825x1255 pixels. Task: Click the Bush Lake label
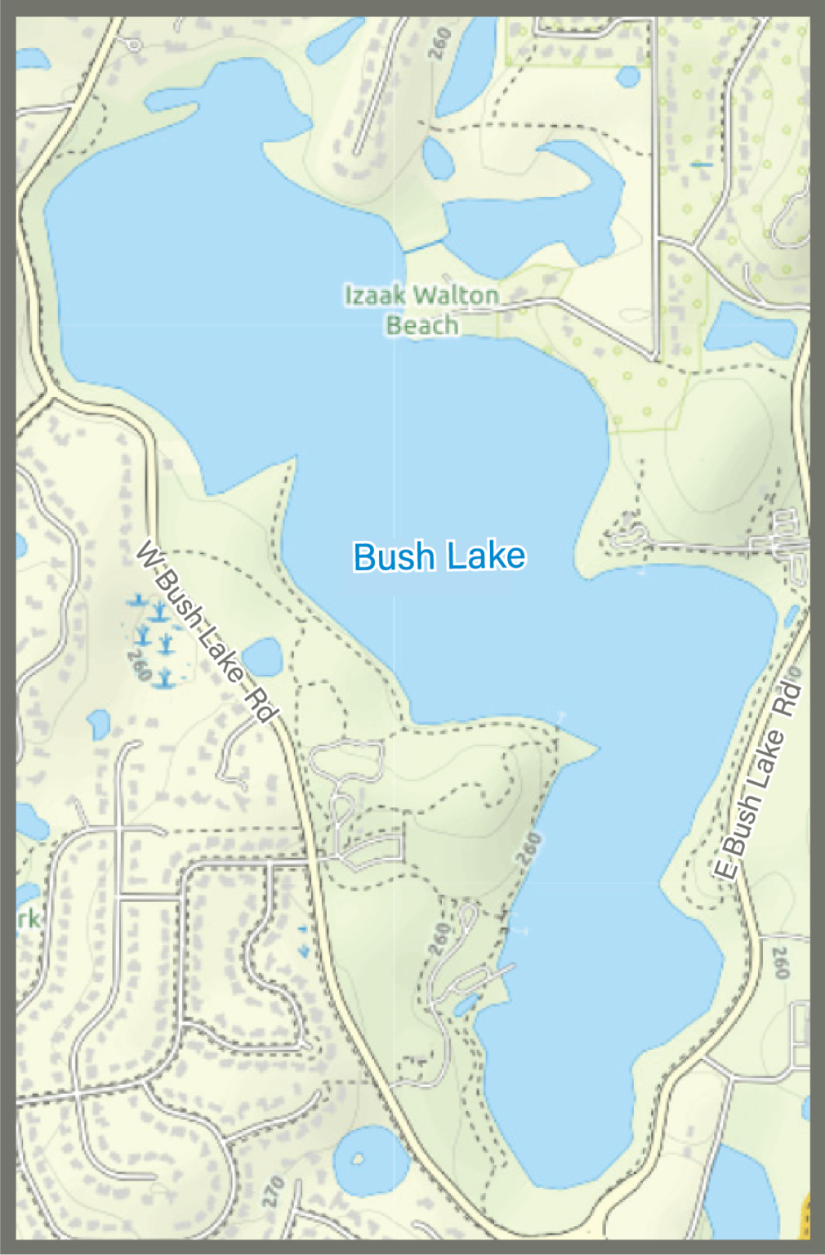point(439,556)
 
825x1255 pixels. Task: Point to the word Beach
point(421,325)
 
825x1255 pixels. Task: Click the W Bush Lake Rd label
point(204,632)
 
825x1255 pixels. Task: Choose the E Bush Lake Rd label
point(757,783)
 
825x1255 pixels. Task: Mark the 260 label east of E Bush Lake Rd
point(781,962)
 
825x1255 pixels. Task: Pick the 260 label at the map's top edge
point(439,43)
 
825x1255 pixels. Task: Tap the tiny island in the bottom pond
point(357,1159)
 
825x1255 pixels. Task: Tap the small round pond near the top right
point(628,76)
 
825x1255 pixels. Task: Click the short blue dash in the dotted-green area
point(701,165)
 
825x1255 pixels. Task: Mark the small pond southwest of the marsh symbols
point(98,722)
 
